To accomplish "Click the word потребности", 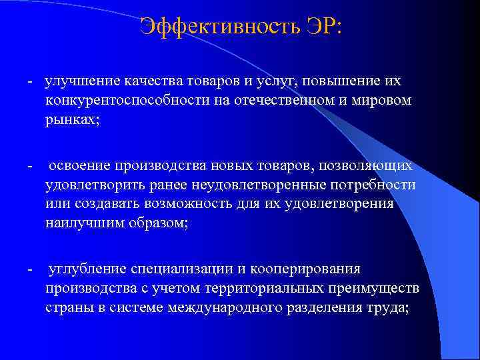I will [375, 185].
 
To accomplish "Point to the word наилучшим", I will [82, 222].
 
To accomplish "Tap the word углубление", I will [86, 269].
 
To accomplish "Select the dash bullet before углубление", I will [31, 269].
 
